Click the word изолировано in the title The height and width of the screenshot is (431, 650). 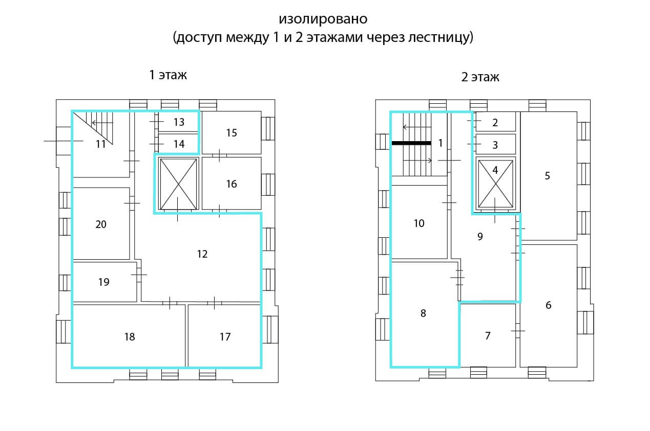coord(323,19)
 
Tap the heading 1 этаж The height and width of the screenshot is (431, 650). coord(168,75)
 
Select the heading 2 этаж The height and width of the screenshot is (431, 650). coord(480,77)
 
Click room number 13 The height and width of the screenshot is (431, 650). coord(179,122)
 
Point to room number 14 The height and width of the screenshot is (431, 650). coord(179,144)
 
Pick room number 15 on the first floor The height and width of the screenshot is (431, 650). coord(232,133)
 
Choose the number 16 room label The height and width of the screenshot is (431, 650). coord(232,184)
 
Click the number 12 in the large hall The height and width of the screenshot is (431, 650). coord(202,254)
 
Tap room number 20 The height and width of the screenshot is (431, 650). coord(101,224)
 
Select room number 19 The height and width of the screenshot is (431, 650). coord(103,282)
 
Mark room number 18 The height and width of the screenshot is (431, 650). coord(130,337)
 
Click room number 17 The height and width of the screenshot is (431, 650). coord(225,337)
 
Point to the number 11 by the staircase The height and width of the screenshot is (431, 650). coord(101,144)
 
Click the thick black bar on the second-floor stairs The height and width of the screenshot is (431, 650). coord(411,143)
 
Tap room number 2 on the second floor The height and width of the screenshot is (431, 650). coord(495,123)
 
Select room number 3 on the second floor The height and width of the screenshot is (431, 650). coord(495,145)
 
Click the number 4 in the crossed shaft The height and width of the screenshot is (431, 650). coord(495,170)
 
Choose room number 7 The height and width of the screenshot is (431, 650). coord(488,336)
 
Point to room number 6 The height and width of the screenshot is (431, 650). coord(549,305)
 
